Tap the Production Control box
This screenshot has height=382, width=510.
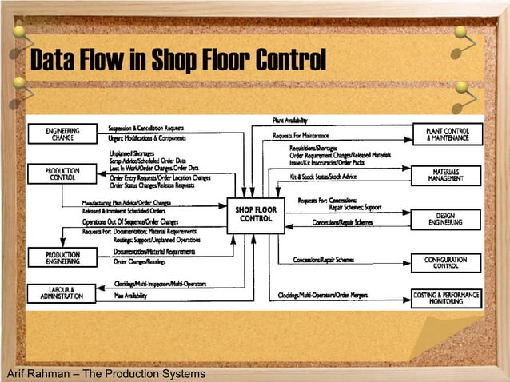click(61, 174)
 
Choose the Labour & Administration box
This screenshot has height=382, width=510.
click(60, 293)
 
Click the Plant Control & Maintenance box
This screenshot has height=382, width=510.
click(447, 133)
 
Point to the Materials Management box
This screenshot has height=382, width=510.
click(447, 175)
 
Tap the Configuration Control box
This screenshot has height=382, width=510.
click(447, 261)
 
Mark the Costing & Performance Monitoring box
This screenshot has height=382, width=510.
click(447, 297)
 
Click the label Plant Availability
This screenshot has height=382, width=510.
click(290, 120)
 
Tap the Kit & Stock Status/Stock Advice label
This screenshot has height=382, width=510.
click(328, 176)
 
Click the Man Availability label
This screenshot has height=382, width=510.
click(129, 296)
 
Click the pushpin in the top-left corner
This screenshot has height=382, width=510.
click(18, 34)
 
